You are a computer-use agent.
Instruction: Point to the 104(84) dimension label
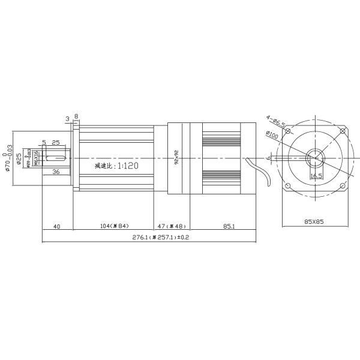(113, 226)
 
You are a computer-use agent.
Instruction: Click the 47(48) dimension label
(172, 226)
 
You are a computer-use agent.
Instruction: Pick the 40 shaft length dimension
(57, 226)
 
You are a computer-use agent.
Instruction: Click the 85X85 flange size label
(314, 221)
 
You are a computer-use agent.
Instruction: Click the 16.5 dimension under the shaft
(316, 176)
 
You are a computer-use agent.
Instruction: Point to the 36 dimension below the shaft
(55, 172)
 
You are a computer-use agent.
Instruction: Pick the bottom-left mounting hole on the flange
(289, 185)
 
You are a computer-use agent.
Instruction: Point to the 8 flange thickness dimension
(76, 118)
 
